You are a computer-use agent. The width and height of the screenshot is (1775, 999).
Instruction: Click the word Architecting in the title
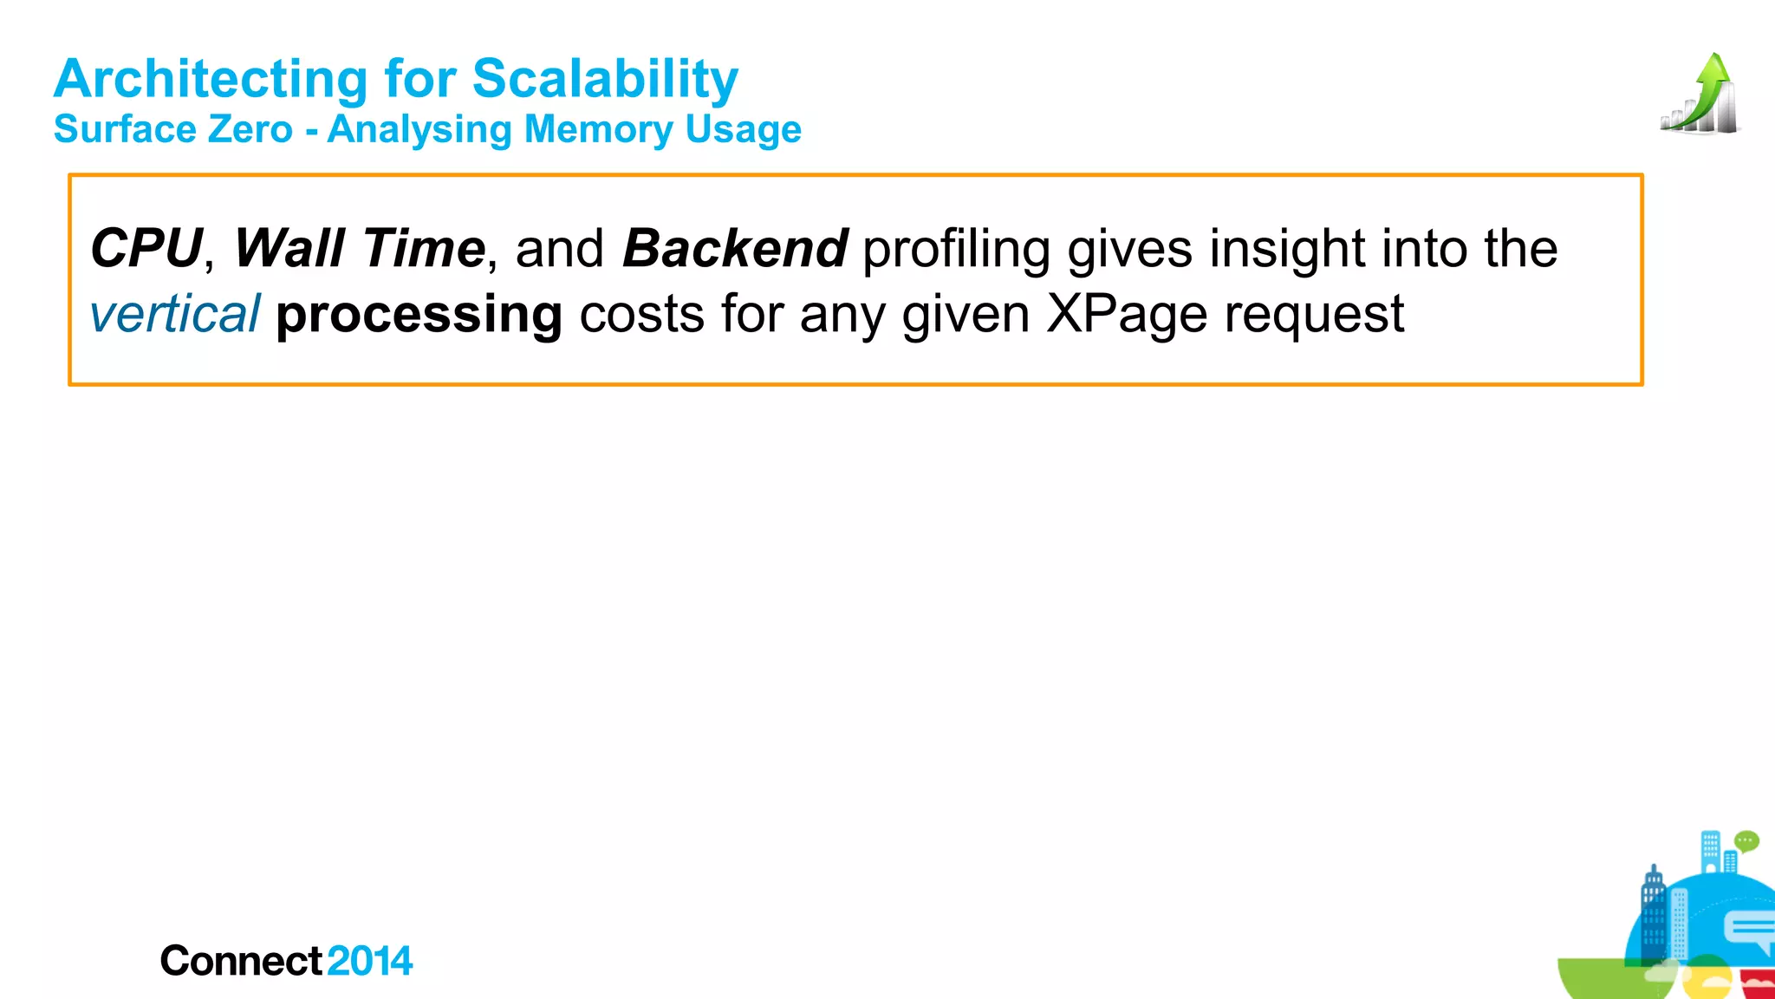point(211,80)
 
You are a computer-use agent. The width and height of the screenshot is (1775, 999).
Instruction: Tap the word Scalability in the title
point(605,80)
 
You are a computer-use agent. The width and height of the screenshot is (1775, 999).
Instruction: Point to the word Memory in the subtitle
point(598,130)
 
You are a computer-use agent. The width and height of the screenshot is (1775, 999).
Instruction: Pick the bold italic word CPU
point(146,249)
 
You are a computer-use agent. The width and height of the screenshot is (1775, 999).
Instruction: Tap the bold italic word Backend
point(735,249)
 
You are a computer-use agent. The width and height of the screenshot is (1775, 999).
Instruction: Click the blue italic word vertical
point(174,314)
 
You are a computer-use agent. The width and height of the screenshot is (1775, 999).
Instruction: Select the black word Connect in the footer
point(241,962)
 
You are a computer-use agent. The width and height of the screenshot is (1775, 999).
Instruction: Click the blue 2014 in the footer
point(370,962)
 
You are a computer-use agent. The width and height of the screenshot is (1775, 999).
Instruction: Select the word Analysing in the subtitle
point(419,130)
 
